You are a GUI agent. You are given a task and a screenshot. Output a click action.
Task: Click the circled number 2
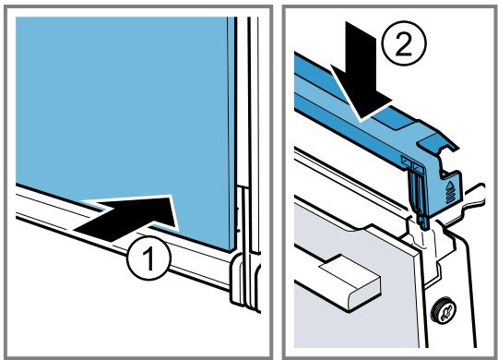point(404,43)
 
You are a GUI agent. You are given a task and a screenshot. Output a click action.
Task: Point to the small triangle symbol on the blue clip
point(450,186)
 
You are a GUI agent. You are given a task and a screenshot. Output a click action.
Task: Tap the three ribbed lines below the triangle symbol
point(450,197)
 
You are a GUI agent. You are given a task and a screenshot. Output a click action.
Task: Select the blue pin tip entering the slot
point(423,222)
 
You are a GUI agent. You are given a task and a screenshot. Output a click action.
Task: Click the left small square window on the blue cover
point(407,160)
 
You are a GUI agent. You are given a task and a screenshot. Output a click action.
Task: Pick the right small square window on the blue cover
point(418,167)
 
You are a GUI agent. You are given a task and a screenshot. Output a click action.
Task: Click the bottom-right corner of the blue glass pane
point(230,252)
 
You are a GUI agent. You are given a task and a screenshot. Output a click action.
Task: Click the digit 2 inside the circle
point(404,44)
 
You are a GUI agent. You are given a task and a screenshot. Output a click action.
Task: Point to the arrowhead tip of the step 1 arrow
point(178,230)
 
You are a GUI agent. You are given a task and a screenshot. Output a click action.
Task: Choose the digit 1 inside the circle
point(148,258)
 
